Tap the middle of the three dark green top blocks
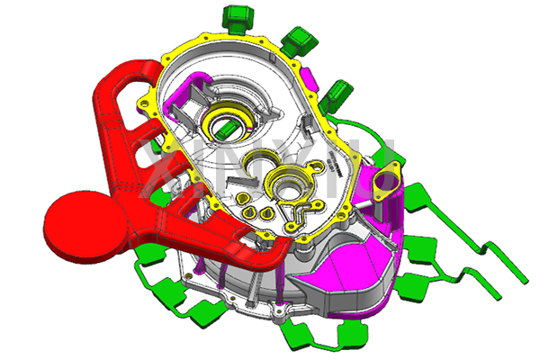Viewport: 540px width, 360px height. (x=298, y=38)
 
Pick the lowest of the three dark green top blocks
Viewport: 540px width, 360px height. (x=338, y=90)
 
